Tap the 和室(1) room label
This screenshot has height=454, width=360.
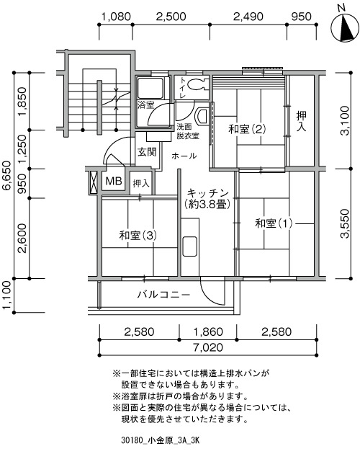point(274,223)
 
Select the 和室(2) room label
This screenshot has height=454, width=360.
point(247,129)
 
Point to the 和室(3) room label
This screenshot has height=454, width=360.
point(138,236)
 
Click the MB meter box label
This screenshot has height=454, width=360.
point(114,181)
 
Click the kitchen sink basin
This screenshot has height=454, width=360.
point(190,246)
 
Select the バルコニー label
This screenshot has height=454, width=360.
point(163,295)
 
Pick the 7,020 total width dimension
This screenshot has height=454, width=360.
point(208,347)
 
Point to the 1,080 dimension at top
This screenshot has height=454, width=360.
point(116,17)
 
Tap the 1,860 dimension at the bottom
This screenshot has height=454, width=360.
point(208,331)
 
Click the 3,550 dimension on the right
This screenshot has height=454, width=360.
point(345,223)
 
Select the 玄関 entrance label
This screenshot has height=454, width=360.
point(147,152)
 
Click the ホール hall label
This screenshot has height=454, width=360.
point(184,156)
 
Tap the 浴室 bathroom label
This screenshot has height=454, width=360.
point(146,104)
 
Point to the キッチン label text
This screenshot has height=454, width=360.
point(207,193)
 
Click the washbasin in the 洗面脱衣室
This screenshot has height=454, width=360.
point(202,116)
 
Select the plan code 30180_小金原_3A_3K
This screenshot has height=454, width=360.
point(161,440)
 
